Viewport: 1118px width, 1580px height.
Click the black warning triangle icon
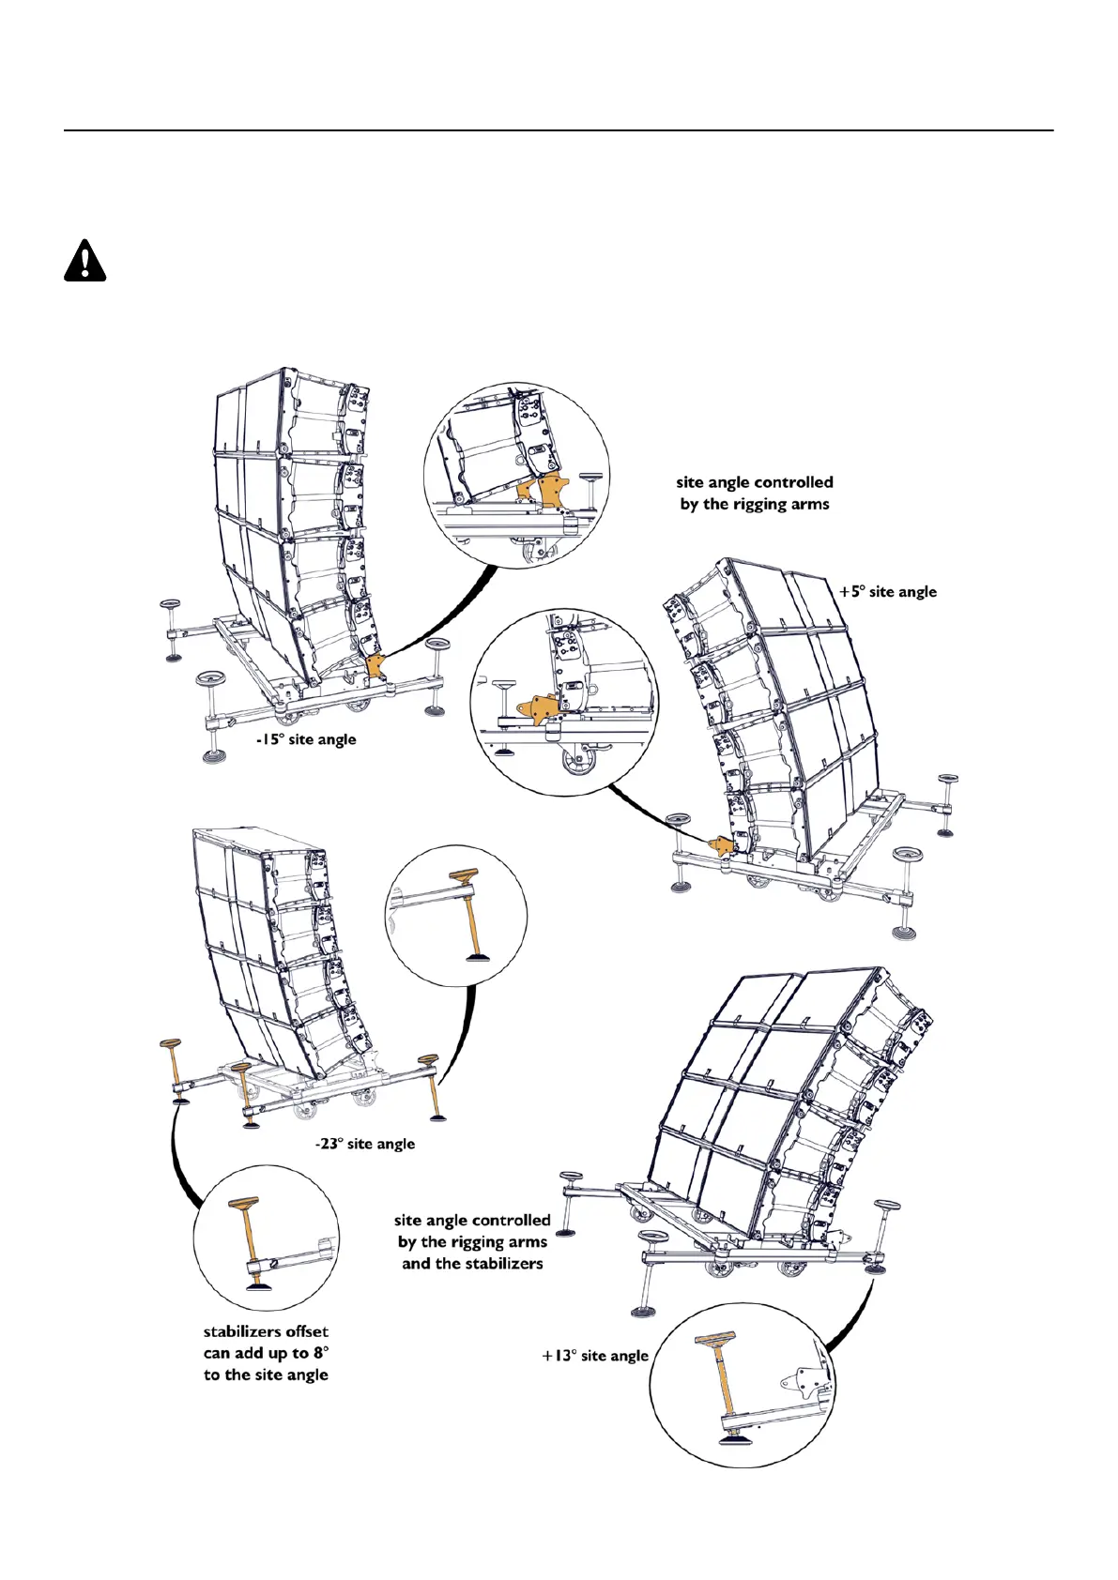[x=84, y=262]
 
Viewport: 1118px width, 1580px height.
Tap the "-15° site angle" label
[x=306, y=739]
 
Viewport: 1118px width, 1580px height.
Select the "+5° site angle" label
[x=887, y=592]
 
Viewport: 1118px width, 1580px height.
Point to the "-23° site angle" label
[x=364, y=1144]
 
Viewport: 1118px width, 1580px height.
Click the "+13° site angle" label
[x=595, y=1356]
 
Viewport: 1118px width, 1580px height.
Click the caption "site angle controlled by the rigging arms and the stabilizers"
[x=472, y=1242]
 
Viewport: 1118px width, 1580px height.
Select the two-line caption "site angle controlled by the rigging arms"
[x=755, y=494]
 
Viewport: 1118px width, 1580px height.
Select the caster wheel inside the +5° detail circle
[x=574, y=758]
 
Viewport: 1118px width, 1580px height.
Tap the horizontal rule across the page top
[x=559, y=130]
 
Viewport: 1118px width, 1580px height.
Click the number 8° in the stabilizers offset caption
[x=321, y=1353]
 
